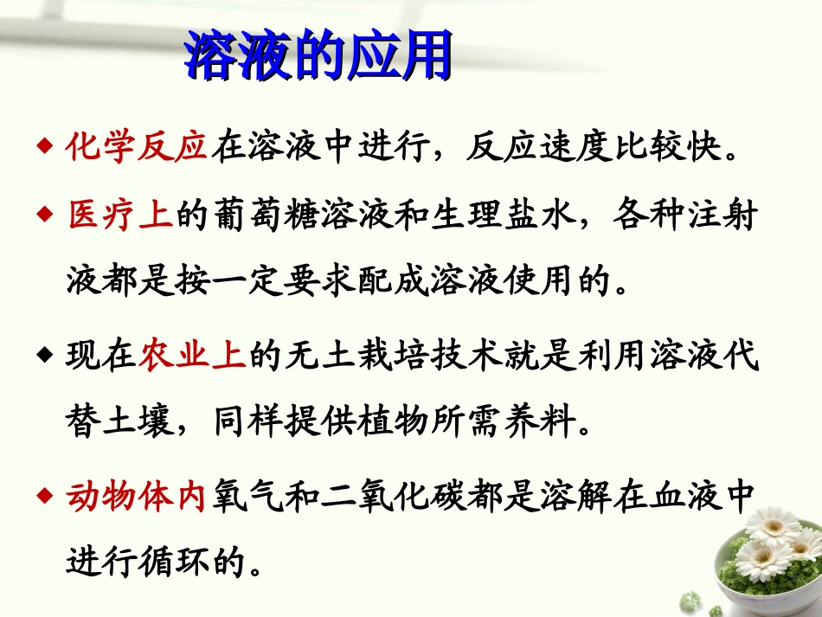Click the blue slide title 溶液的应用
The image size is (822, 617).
point(318,56)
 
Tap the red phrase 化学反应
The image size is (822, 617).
point(137,147)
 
